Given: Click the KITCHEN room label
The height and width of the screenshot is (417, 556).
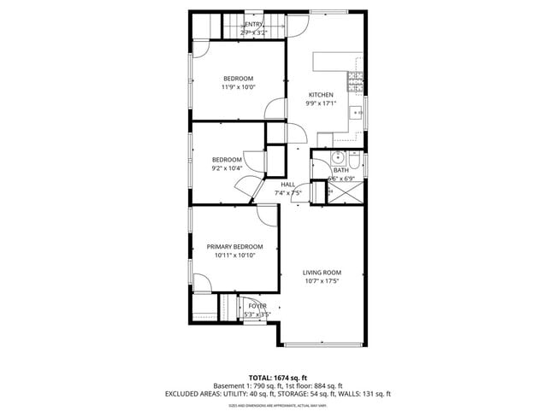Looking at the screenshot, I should pos(322,94).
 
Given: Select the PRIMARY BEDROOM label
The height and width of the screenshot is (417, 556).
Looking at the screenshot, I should pos(234,246).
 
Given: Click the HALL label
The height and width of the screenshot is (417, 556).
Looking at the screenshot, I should pos(287,185).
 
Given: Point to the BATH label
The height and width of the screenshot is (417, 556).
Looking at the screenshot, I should pos(341,170).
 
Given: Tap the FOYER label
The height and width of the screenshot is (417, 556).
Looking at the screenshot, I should pos(257,305).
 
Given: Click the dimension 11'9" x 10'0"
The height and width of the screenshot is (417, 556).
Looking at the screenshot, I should pos(239,87).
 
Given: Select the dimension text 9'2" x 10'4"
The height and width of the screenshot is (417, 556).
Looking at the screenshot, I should pos(228,168).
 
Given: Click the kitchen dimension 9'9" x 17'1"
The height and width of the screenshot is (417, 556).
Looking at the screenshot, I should pos(322,103).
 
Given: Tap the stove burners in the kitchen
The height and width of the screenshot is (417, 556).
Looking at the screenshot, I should pos(354,82).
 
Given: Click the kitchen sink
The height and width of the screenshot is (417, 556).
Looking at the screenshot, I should pos(362,111).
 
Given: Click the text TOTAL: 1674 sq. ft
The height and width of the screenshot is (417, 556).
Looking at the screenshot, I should pos(278,377).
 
